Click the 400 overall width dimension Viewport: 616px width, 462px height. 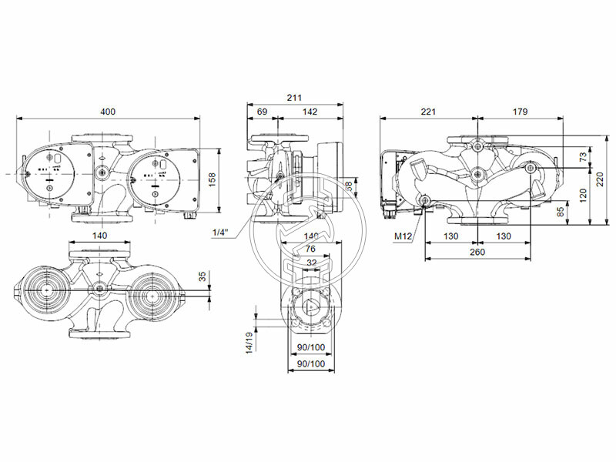tap(108, 112)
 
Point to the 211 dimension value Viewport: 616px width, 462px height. tap(293, 98)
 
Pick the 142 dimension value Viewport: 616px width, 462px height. tap(310, 112)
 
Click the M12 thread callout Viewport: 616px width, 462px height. tap(404, 237)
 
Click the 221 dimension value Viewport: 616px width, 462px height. tap(428, 112)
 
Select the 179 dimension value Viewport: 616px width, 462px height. tap(520, 112)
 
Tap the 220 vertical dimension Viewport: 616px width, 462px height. tap(598, 180)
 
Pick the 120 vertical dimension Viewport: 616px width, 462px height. tap(583, 192)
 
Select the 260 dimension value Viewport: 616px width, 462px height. tap(477, 251)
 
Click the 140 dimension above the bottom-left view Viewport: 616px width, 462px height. tap(100, 236)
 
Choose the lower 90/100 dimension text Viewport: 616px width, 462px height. tap(310, 363)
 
